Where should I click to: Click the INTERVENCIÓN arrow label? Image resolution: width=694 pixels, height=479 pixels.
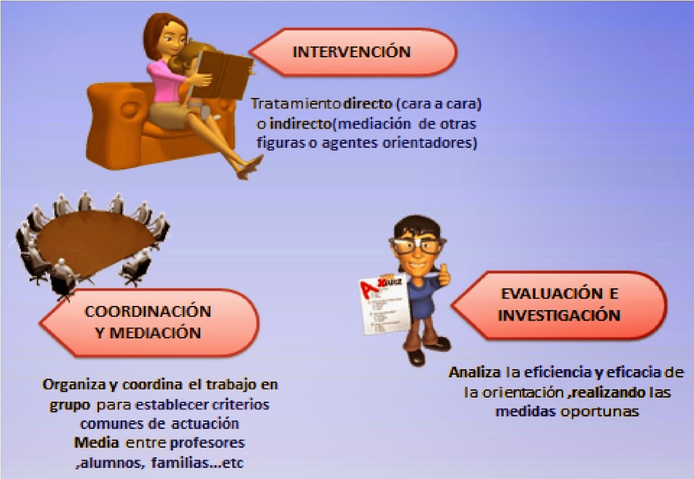pos(351,52)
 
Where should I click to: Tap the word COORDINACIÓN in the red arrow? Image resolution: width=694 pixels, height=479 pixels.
pos(148,312)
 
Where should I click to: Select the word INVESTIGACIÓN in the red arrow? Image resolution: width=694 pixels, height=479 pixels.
pos(559,315)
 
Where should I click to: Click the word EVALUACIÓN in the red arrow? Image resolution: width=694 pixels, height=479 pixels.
pos(551,293)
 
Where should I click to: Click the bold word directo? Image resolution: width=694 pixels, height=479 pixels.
pos(368,104)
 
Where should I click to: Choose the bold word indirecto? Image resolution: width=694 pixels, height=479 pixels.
pos(300,124)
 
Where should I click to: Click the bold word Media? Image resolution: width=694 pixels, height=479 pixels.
pos(96,443)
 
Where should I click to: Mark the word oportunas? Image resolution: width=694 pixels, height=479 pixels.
pos(600,411)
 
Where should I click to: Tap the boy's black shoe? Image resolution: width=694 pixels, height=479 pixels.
pos(416,358)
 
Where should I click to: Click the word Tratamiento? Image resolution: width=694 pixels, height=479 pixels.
pos(296,104)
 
